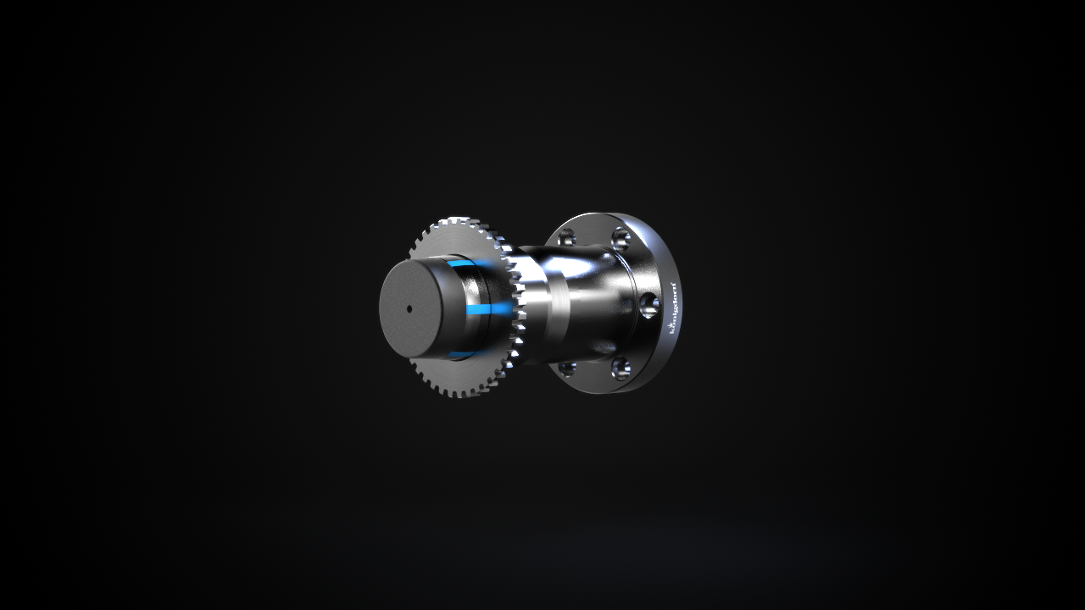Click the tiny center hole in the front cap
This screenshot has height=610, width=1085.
pos(409,308)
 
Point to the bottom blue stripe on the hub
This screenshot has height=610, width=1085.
pos(463,354)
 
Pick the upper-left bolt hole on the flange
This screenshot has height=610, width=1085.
pos(567,237)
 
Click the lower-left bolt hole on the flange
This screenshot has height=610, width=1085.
pos(567,368)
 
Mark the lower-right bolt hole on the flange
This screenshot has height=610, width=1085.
pos(620,368)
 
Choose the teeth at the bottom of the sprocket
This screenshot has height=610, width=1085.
pos(462,392)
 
